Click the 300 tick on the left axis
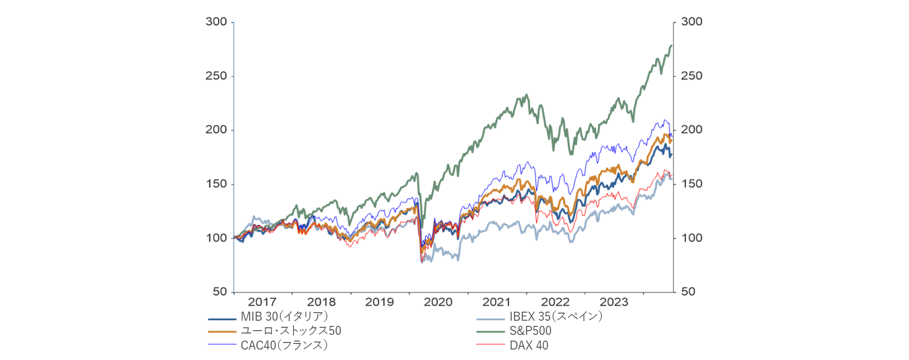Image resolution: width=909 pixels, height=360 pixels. click(x=216, y=22)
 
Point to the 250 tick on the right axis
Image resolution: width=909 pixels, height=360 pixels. click(x=691, y=76)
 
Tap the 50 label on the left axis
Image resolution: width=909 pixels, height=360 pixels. click(x=220, y=292)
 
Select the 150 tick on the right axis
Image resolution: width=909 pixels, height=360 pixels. click(x=691, y=184)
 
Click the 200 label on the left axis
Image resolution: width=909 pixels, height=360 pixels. click(x=216, y=130)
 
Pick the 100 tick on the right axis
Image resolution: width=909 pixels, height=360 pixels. click(x=691, y=238)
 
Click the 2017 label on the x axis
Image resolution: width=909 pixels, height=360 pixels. click(x=262, y=302)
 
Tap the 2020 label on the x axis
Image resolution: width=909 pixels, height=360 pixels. click(x=438, y=302)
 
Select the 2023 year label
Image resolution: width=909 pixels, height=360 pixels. click(x=614, y=302)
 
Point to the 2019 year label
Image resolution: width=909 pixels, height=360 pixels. click(x=379, y=302)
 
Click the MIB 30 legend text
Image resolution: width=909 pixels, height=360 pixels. click(x=284, y=316)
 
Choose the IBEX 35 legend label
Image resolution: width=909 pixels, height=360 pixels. click(x=556, y=316)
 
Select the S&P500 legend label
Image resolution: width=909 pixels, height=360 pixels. click(x=530, y=331)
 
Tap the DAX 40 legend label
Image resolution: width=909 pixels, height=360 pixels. click(x=529, y=345)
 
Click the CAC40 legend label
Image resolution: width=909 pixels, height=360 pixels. click(x=284, y=345)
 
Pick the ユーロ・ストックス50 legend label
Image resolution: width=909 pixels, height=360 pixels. click(x=291, y=331)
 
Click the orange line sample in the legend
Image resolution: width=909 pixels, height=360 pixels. click(x=222, y=332)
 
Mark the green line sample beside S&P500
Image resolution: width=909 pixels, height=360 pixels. click(x=490, y=332)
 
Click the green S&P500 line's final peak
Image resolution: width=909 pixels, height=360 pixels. click(x=671, y=46)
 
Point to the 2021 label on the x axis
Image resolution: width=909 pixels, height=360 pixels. click(x=496, y=302)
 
